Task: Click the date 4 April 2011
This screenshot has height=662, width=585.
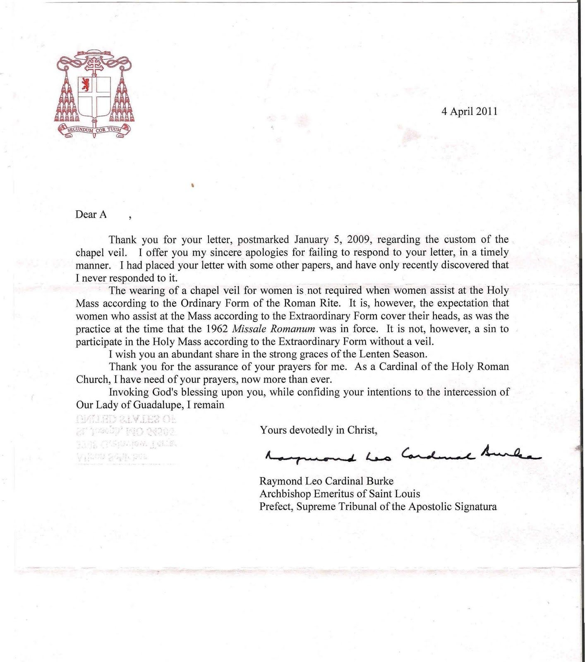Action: pyautogui.click(x=469, y=111)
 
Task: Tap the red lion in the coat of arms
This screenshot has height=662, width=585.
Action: pyautogui.click(x=86, y=84)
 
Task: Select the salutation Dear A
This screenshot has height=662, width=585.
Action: pyautogui.click(x=91, y=214)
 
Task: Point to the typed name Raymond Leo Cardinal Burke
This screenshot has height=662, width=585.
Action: pyautogui.click(x=326, y=481)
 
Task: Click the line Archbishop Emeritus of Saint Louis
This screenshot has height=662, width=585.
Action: pyautogui.click(x=340, y=494)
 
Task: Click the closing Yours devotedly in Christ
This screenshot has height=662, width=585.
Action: pyautogui.click(x=319, y=430)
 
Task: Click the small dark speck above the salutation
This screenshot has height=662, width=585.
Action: pyautogui.click(x=193, y=186)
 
